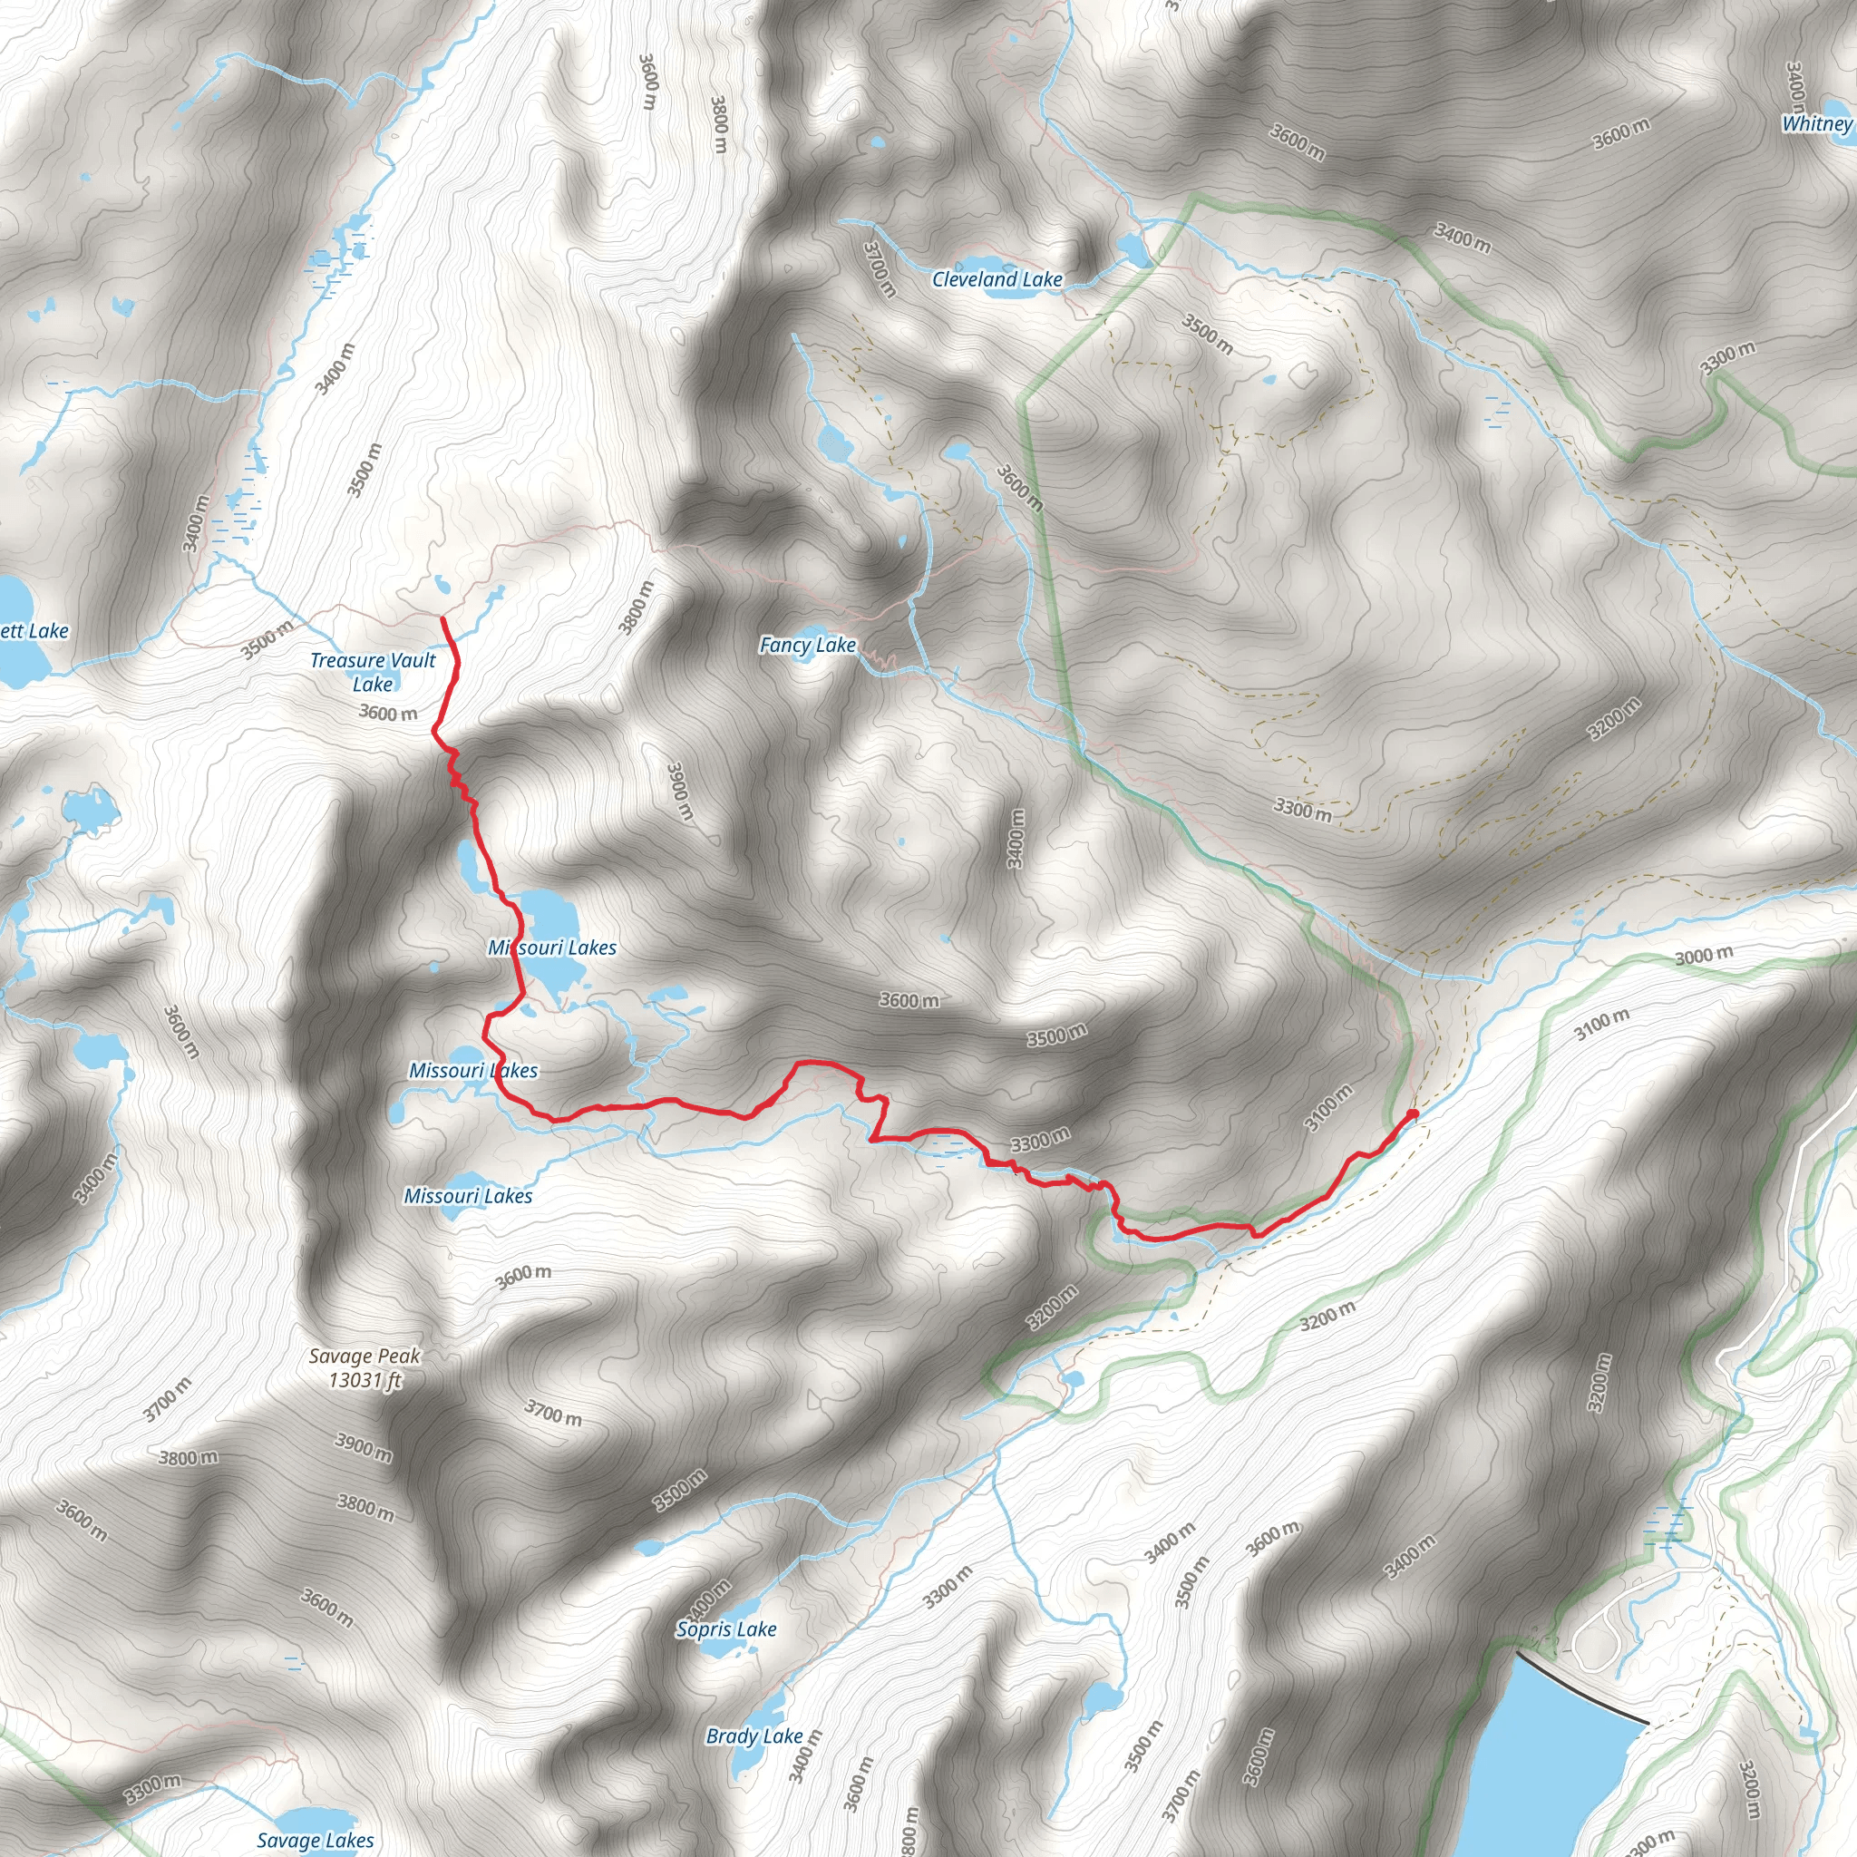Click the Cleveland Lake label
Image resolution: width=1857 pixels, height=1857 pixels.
(997, 279)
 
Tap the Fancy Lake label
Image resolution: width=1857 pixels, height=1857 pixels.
(807, 645)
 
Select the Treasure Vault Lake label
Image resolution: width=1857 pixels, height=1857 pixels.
(373, 672)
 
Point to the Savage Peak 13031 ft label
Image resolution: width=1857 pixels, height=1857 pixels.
(365, 1367)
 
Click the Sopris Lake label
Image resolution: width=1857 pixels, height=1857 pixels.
(725, 1629)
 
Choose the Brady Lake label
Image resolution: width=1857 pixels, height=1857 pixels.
(753, 1735)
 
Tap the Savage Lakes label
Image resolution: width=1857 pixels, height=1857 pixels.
(316, 1840)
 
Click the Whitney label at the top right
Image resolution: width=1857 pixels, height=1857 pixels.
(1815, 123)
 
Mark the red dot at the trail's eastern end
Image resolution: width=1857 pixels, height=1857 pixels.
(1412, 1114)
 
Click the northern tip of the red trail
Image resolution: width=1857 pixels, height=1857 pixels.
(443, 619)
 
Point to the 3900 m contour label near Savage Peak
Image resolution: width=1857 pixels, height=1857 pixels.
(364, 1446)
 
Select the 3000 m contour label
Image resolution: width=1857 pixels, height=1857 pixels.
(1704, 956)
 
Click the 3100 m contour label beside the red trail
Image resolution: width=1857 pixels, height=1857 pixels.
(1328, 1107)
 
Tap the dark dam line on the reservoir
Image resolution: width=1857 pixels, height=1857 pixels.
(1580, 1687)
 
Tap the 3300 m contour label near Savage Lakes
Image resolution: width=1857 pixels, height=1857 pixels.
(151, 1789)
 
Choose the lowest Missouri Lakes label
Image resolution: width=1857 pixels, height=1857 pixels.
(467, 1196)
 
